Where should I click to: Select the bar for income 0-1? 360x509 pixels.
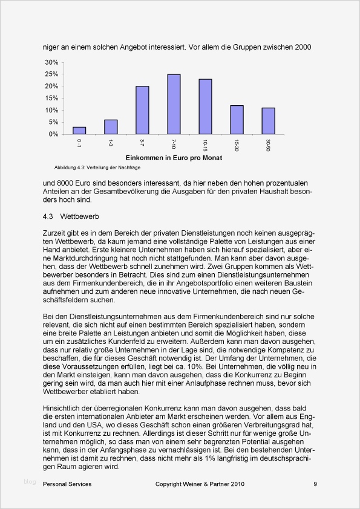pyautogui.click(x=79, y=131)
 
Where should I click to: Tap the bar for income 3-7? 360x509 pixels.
pyautogui.click(x=142, y=110)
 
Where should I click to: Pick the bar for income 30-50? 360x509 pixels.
pyautogui.click(x=268, y=121)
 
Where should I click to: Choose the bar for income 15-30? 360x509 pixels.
pyautogui.click(x=237, y=120)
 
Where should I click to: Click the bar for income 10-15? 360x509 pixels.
pyautogui.click(x=205, y=107)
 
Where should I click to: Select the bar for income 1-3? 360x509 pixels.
pyautogui.click(x=111, y=127)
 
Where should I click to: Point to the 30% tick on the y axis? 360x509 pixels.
pyautogui.click(x=52, y=62)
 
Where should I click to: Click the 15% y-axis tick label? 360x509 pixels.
pyautogui.click(x=52, y=98)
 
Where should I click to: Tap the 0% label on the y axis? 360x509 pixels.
pyautogui.click(x=54, y=134)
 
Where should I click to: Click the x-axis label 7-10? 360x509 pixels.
pyautogui.click(x=174, y=143)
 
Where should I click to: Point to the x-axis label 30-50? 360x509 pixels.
pyautogui.click(x=268, y=144)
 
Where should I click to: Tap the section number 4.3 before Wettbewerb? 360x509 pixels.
pyautogui.click(x=48, y=216)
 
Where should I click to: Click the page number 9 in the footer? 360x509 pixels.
pyautogui.click(x=315, y=484)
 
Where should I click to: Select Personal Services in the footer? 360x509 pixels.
pyautogui.click(x=67, y=484)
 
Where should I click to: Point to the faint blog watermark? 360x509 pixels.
pyautogui.click(x=30, y=482)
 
